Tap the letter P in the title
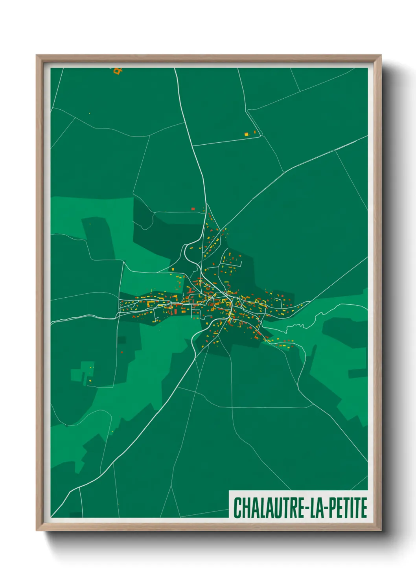coord(331,508)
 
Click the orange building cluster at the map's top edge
coord(117,71)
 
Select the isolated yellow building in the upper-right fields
coord(247,134)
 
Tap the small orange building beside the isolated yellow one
coord(254,133)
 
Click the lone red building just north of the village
coord(193,209)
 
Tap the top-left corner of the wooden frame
coord(37,56)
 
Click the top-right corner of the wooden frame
coord(381,56)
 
